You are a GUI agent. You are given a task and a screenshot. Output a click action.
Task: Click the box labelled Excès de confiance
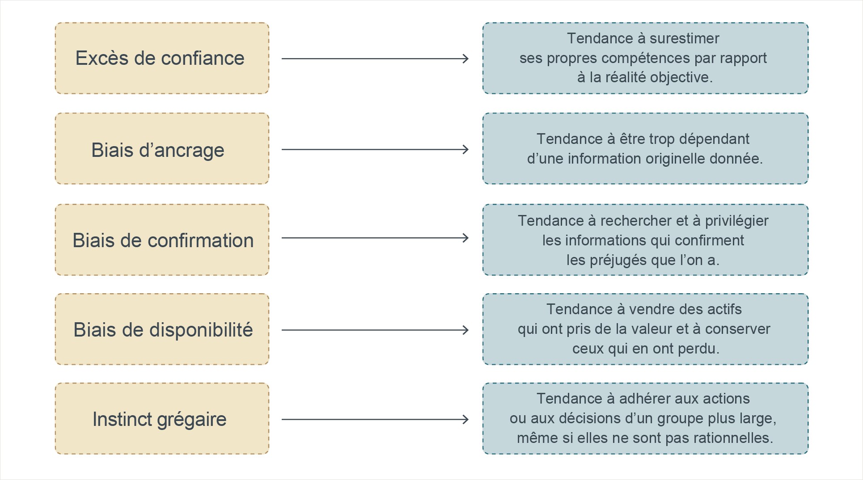click(x=162, y=58)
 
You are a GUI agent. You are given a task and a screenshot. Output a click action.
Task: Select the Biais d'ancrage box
click(x=162, y=148)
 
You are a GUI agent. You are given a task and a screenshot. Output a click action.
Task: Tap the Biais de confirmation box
click(x=162, y=240)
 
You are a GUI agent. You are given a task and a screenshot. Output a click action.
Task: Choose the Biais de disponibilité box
click(x=162, y=329)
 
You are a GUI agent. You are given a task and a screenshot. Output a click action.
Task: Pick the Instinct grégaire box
click(x=162, y=418)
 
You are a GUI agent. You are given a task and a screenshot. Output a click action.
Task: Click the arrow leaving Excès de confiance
click(x=375, y=59)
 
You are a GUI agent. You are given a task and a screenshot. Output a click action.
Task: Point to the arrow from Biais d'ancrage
click(x=375, y=149)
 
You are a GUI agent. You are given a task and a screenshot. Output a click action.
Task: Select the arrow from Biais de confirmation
click(x=375, y=238)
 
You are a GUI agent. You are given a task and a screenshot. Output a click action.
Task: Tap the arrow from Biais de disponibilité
click(x=375, y=330)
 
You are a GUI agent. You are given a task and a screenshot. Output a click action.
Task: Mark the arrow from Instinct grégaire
click(x=375, y=419)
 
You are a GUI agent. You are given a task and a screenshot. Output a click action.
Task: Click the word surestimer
click(x=684, y=38)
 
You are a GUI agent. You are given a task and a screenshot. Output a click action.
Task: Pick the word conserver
click(x=738, y=329)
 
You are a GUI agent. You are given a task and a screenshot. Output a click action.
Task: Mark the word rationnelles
click(x=733, y=438)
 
